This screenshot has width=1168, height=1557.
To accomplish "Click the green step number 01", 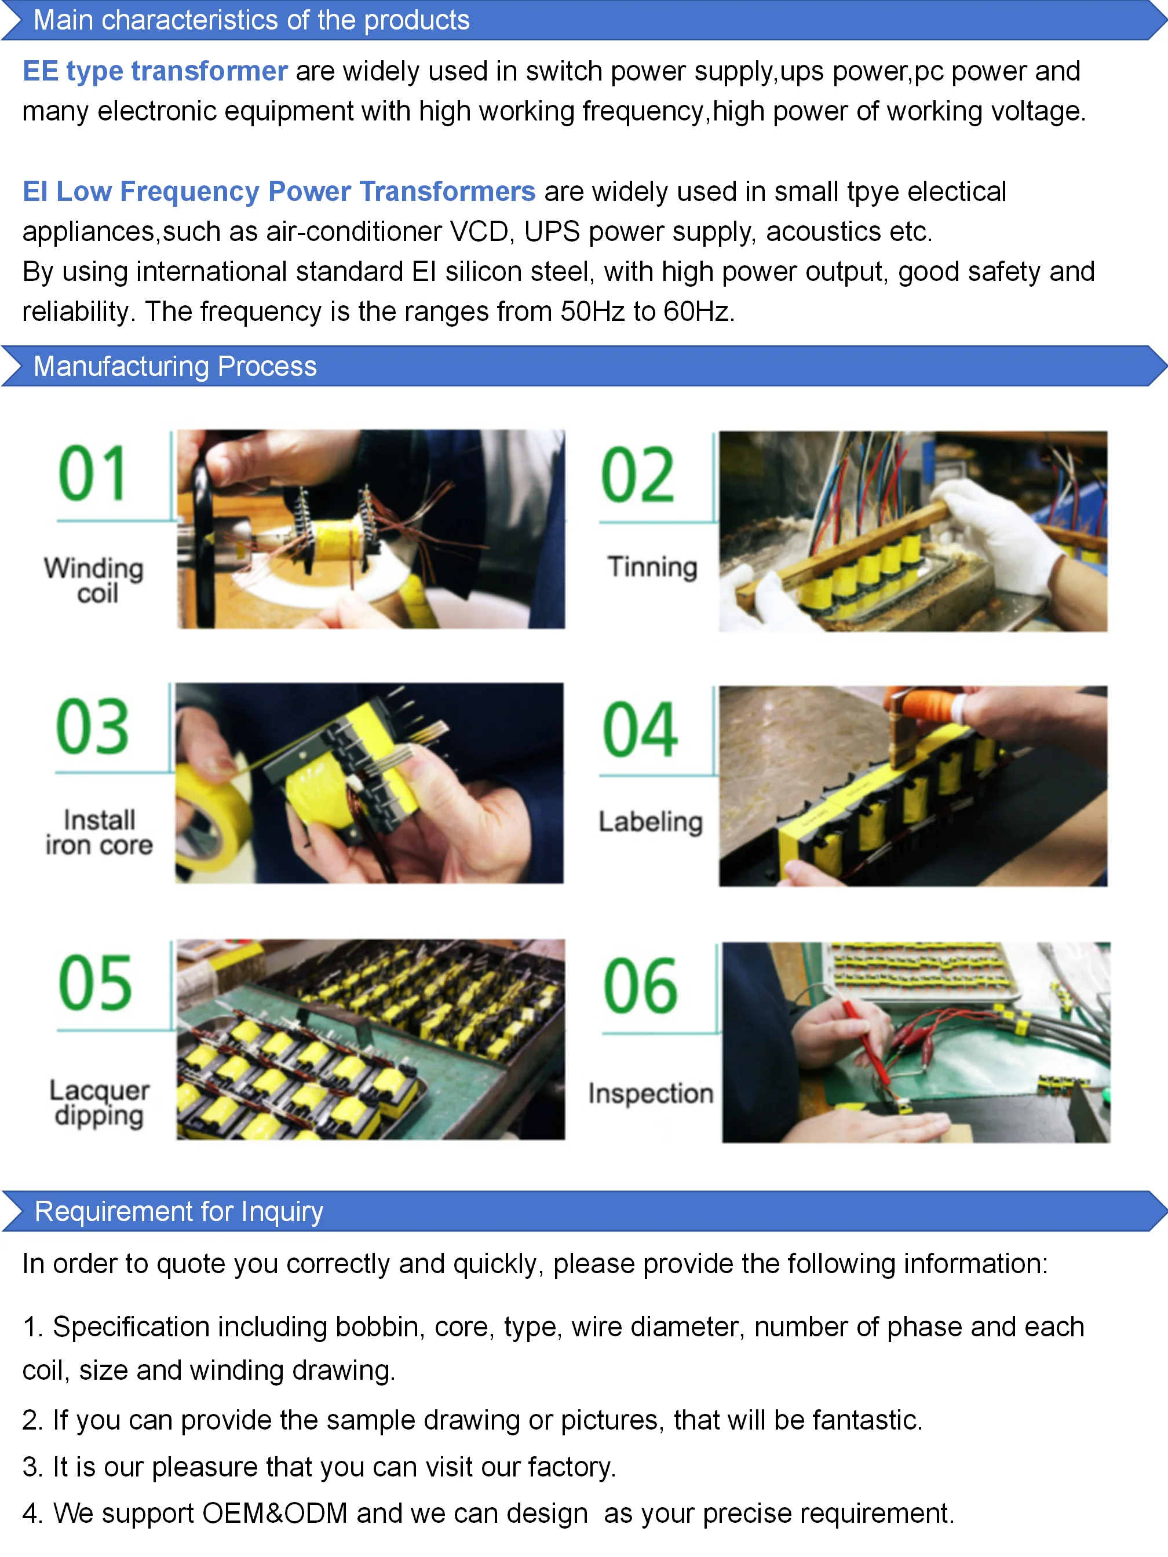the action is pos(93,473).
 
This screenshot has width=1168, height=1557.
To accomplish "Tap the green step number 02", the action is pos(638,475).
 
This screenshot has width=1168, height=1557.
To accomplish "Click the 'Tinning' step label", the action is pos(652,566).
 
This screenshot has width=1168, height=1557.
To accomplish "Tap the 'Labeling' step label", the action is pos(651,821).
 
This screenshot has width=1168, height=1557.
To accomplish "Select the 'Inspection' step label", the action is pos(651,1093).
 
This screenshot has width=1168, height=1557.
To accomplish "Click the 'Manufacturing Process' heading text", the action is pos(176,366).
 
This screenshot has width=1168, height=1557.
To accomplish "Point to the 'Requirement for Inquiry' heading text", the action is pos(179,1211).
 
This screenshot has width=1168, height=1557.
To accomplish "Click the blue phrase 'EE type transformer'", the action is pos(155,71).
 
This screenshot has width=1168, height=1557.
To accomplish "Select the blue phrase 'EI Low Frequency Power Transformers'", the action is pos(279,192).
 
